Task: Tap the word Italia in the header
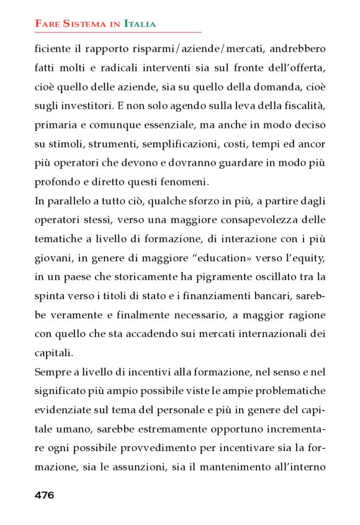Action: click(140, 24)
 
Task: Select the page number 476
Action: click(45, 495)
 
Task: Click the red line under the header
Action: click(118, 32)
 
